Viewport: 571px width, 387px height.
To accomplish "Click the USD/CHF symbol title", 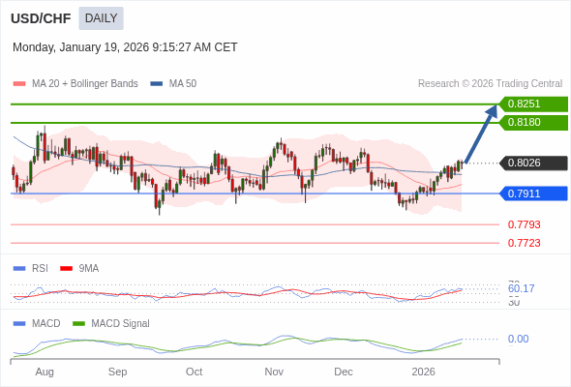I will (x=41, y=18).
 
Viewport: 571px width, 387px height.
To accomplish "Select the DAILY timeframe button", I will (x=101, y=18).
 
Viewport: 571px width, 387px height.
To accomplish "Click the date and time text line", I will (x=125, y=47).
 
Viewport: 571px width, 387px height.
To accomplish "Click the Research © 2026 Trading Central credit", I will (x=490, y=84).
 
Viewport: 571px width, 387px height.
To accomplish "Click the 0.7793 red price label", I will (x=524, y=224).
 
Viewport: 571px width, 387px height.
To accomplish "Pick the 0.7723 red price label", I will (x=524, y=243).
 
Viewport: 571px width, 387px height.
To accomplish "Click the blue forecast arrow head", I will (x=492, y=110).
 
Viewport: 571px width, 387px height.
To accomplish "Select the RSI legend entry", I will (x=39, y=268).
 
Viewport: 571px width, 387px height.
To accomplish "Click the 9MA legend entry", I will (x=88, y=268).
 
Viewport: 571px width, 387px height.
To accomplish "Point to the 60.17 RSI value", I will (x=521, y=288).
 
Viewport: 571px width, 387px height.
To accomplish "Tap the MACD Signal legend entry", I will (x=119, y=323).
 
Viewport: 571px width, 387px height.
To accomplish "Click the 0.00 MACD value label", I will (x=518, y=339).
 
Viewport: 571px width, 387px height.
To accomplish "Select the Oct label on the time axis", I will (x=194, y=372).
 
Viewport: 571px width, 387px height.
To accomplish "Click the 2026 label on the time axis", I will (x=423, y=372).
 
